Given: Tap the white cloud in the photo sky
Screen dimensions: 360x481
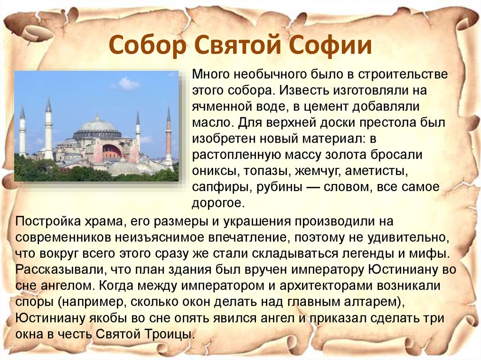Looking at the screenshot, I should coord(128,84).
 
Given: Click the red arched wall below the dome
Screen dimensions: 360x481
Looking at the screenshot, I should coord(111,151).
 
